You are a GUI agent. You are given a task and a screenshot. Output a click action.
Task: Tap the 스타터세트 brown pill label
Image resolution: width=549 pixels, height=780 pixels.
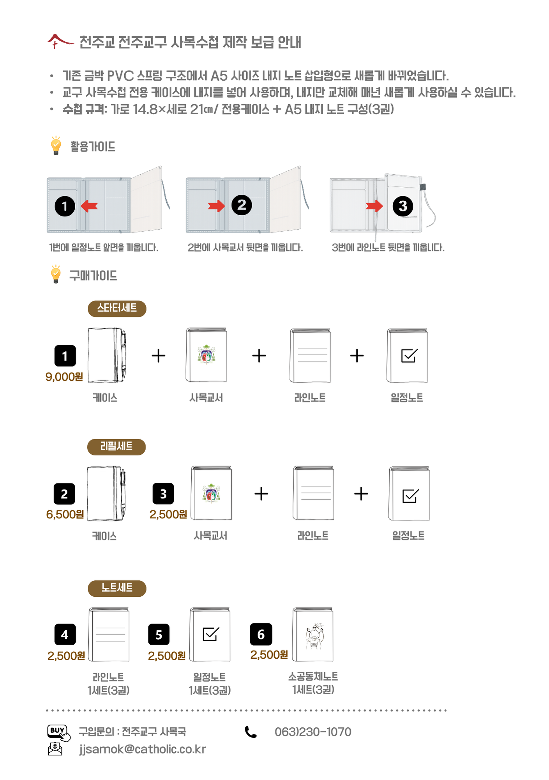click(x=117, y=308)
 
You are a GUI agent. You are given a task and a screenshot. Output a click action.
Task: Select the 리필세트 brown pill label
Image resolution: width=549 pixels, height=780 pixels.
click(x=117, y=447)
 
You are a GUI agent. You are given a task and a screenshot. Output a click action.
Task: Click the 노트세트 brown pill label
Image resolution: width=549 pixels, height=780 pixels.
click(x=117, y=588)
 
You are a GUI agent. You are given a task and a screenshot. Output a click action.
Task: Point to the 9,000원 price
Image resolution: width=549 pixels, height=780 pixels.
click(x=64, y=377)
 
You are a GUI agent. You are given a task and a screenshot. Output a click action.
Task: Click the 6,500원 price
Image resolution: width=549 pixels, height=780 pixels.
click(x=65, y=514)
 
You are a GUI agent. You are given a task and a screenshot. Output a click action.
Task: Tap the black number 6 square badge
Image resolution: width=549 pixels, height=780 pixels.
click(x=261, y=634)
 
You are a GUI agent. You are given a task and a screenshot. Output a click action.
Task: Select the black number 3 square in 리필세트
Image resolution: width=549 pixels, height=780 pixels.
click(x=163, y=494)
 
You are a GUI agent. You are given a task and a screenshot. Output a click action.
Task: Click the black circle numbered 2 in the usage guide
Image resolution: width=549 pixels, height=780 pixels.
click(x=242, y=205)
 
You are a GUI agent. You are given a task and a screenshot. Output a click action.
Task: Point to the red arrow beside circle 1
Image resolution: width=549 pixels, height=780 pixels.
click(x=89, y=206)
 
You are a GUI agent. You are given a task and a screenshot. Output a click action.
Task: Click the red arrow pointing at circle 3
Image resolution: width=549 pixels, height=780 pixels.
click(x=374, y=206)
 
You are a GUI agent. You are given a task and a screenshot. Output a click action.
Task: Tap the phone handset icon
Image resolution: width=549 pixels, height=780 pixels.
click(x=251, y=732)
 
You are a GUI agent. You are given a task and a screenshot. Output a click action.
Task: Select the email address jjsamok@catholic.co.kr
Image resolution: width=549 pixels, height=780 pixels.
click(x=142, y=749)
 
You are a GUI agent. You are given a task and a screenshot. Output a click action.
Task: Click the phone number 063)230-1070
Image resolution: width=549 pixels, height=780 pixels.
click(x=313, y=732)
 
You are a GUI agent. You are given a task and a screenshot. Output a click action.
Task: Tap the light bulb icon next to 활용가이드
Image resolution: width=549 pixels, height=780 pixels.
click(x=56, y=145)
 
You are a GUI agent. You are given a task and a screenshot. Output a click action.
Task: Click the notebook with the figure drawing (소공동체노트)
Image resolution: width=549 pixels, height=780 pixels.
click(x=313, y=634)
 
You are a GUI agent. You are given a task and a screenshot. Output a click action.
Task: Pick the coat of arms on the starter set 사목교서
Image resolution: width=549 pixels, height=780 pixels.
click(x=207, y=354)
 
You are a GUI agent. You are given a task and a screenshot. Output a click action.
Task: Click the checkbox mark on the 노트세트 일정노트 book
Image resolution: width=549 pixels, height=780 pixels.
click(x=211, y=634)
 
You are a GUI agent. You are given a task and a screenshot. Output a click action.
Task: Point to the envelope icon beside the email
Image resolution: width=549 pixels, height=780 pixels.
click(x=55, y=749)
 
